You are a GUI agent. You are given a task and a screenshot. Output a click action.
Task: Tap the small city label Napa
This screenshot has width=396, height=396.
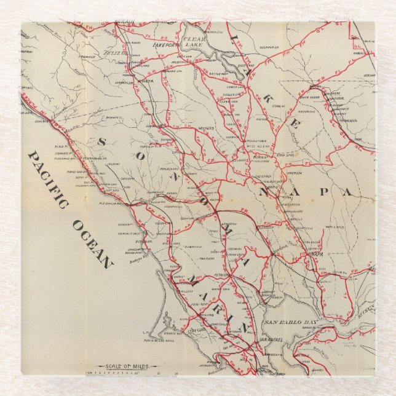pyautogui.click(x=316, y=253)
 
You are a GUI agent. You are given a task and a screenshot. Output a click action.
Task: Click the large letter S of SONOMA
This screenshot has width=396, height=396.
pyautogui.click(x=100, y=142)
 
